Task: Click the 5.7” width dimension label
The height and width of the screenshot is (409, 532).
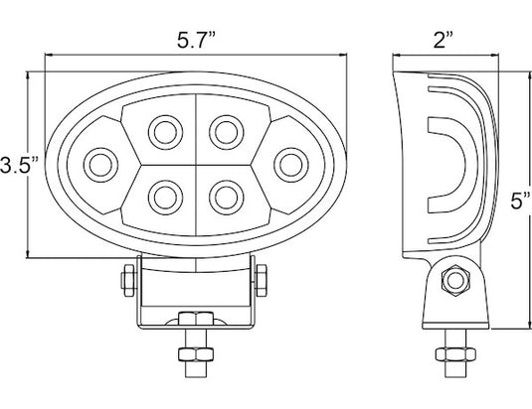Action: pyautogui.click(x=196, y=41)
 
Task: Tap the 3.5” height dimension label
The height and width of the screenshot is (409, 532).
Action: pyautogui.click(x=19, y=165)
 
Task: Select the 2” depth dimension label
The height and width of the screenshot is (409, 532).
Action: pyautogui.click(x=443, y=41)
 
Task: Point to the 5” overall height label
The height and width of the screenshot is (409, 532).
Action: pyautogui.click(x=520, y=202)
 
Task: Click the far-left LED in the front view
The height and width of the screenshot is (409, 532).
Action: pyautogui.click(x=100, y=165)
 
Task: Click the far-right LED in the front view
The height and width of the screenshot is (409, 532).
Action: pyautogui.click(x=291, y=165)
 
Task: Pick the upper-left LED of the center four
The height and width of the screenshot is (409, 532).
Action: pyautogui.click(x=166, y=132)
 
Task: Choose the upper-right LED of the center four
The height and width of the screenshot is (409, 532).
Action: pyautogui.click(x=227, y=132)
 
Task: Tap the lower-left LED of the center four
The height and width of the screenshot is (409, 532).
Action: pyautogui.click(x=166, y=198)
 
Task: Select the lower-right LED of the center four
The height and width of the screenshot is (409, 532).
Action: pyautogui.click(x=227, y=198)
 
